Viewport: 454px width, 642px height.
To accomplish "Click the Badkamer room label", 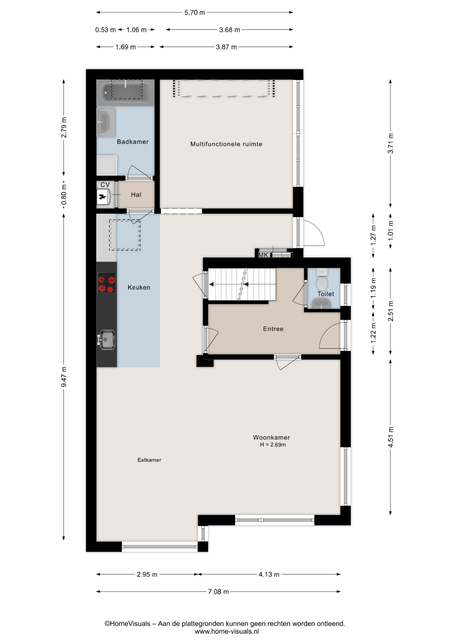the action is [x=133, y=142].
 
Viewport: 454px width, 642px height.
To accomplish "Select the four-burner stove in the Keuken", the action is [x=107, y=283].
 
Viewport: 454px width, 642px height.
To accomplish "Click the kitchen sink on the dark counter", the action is [x=106, y=340].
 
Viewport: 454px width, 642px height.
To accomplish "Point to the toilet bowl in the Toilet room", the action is [x=322, y=280].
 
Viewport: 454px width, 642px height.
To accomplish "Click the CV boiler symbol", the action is [x=103, y=197].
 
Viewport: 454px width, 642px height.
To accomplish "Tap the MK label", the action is [x=263, y=255].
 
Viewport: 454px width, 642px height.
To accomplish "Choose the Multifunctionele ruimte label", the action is [x=226, y=144].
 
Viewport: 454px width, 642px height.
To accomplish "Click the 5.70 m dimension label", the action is [x=195, y=13].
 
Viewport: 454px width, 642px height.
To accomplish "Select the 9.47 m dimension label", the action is [x=64, y=377].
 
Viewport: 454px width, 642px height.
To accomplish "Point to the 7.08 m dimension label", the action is [x=218, y=592].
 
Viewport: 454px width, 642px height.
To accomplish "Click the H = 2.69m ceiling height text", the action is [x=273, y=445].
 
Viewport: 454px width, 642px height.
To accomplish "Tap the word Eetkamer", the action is [x=149, y=460].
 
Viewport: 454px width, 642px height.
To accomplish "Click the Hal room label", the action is [x=136, y=195].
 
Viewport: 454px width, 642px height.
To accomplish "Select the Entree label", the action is [x=273, y=329].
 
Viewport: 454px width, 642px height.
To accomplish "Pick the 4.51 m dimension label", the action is [x=390, y=437].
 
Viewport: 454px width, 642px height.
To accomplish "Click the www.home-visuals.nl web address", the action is [x=227, y=632].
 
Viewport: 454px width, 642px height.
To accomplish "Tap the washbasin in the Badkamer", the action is [x=106, y=122].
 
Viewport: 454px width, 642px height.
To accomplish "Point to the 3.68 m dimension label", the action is [x=229, y=30].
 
